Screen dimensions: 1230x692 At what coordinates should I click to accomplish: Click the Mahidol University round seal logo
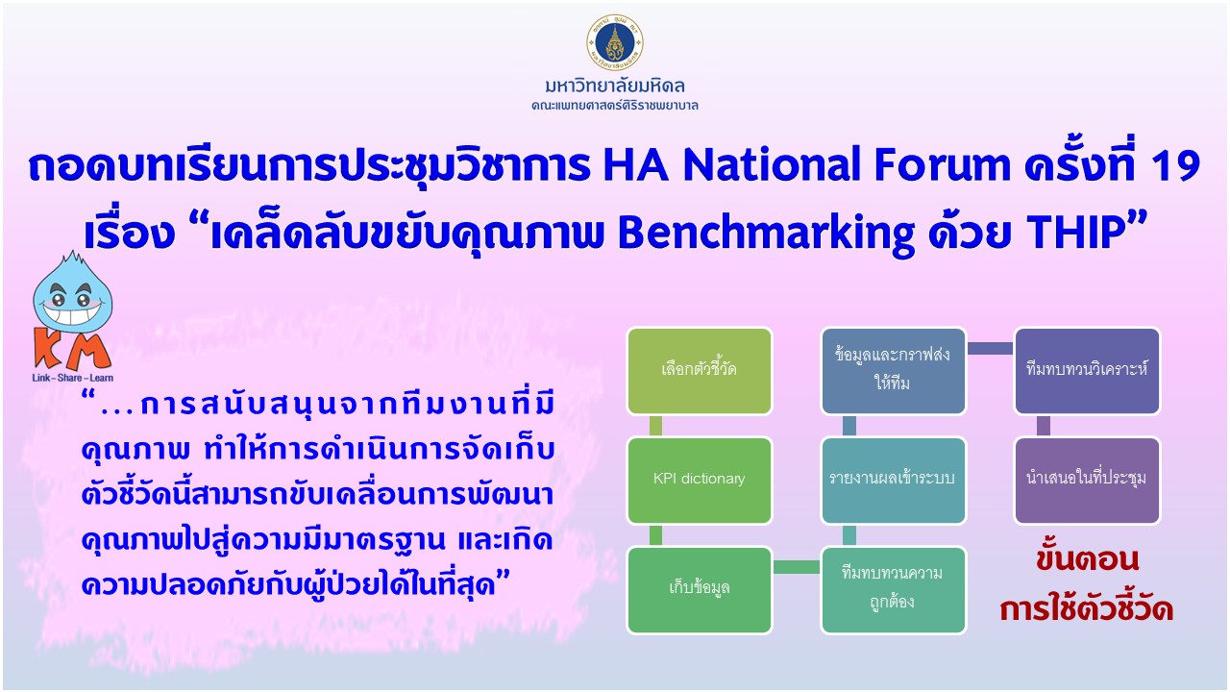pos(614,43)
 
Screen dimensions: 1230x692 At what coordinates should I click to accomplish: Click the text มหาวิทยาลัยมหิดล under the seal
pos(615,86)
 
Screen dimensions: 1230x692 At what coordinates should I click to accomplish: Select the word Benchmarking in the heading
pos(766,234)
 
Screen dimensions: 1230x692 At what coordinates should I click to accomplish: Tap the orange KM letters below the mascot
pos(72,350)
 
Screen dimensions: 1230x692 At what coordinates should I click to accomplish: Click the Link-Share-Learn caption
pos(72,378)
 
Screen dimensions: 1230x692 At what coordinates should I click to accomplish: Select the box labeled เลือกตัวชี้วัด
pos(699,371)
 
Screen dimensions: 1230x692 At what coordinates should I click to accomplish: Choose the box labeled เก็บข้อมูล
pos(699,590)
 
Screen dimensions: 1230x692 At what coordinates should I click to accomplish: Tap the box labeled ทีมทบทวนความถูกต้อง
pos(893,590)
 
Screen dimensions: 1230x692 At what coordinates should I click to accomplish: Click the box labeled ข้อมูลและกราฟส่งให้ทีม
pos(893,371)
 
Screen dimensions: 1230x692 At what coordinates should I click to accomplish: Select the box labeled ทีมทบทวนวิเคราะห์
pos(1087,371)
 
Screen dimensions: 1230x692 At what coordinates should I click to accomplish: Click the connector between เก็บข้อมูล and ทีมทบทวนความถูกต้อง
pos(797,567)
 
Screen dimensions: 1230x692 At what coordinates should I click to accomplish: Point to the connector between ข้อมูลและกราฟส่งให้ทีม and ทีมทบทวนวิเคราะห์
pos(990,348)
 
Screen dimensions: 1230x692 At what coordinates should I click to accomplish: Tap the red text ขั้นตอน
pos(1087,560)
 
